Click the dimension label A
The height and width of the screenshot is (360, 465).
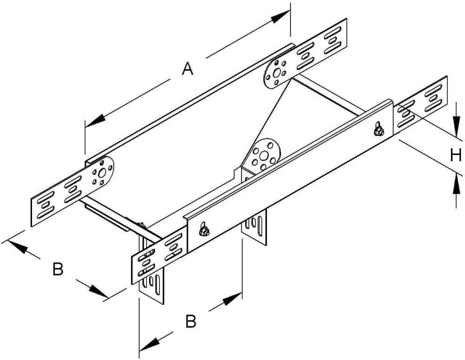(x=187, y=69)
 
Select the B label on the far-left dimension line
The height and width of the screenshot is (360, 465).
(x=58, y=269)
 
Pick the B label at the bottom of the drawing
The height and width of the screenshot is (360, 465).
(x=191, y=321)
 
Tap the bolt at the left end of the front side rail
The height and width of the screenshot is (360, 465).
(x=203, y=230)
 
